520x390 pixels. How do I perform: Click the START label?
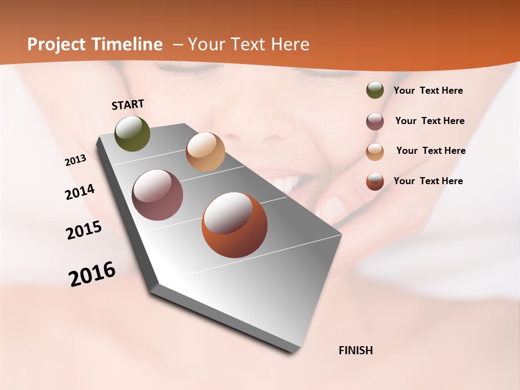point(128,105)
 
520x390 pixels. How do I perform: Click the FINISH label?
point(356,350)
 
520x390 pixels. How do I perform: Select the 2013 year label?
point(76,160)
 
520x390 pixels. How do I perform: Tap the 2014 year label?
point(80,192)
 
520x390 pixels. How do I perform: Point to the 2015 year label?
point(84,230)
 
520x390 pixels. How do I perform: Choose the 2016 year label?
point(92,274)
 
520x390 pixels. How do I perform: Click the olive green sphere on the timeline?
point(133,134)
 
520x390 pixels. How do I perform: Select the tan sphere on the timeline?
point(205,152)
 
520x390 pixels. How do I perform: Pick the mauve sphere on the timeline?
point(158,195)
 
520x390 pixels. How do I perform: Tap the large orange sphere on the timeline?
point(235,225)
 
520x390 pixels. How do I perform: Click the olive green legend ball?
point(375,90)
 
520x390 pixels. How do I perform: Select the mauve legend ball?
point(375,121)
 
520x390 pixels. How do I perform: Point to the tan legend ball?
point(375,152)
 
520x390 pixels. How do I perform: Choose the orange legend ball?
point(375,181)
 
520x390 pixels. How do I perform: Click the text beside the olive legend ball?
point(428,90)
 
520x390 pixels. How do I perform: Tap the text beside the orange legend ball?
point(428,181)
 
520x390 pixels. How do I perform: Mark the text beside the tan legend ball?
point(431,151)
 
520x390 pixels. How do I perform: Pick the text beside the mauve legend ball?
point(430,121)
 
